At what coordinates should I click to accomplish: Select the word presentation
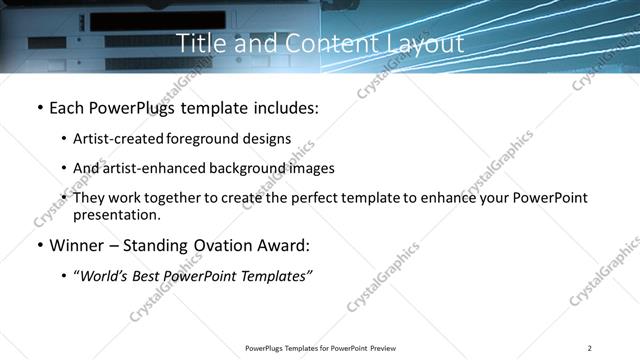click(x=115, y=215)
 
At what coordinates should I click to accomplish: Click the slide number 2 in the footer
click(x=590, y=348)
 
